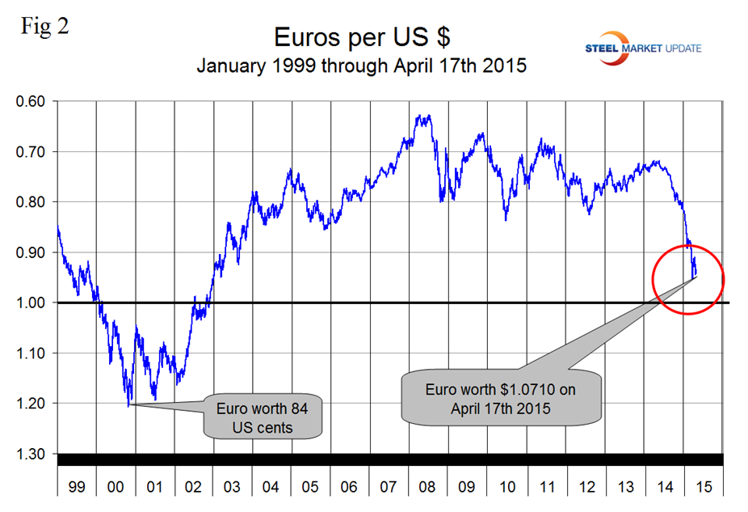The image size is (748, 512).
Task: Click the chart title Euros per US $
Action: pos(361,37)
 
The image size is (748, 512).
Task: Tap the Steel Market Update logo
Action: pos(644,48)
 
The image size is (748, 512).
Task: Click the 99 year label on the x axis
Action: pos(77,487)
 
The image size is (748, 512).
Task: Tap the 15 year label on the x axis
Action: pos(703,487)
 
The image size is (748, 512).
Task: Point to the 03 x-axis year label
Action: pos(233,487)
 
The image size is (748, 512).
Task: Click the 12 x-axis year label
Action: pos(586,487)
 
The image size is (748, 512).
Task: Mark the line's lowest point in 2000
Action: pos(128,405)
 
